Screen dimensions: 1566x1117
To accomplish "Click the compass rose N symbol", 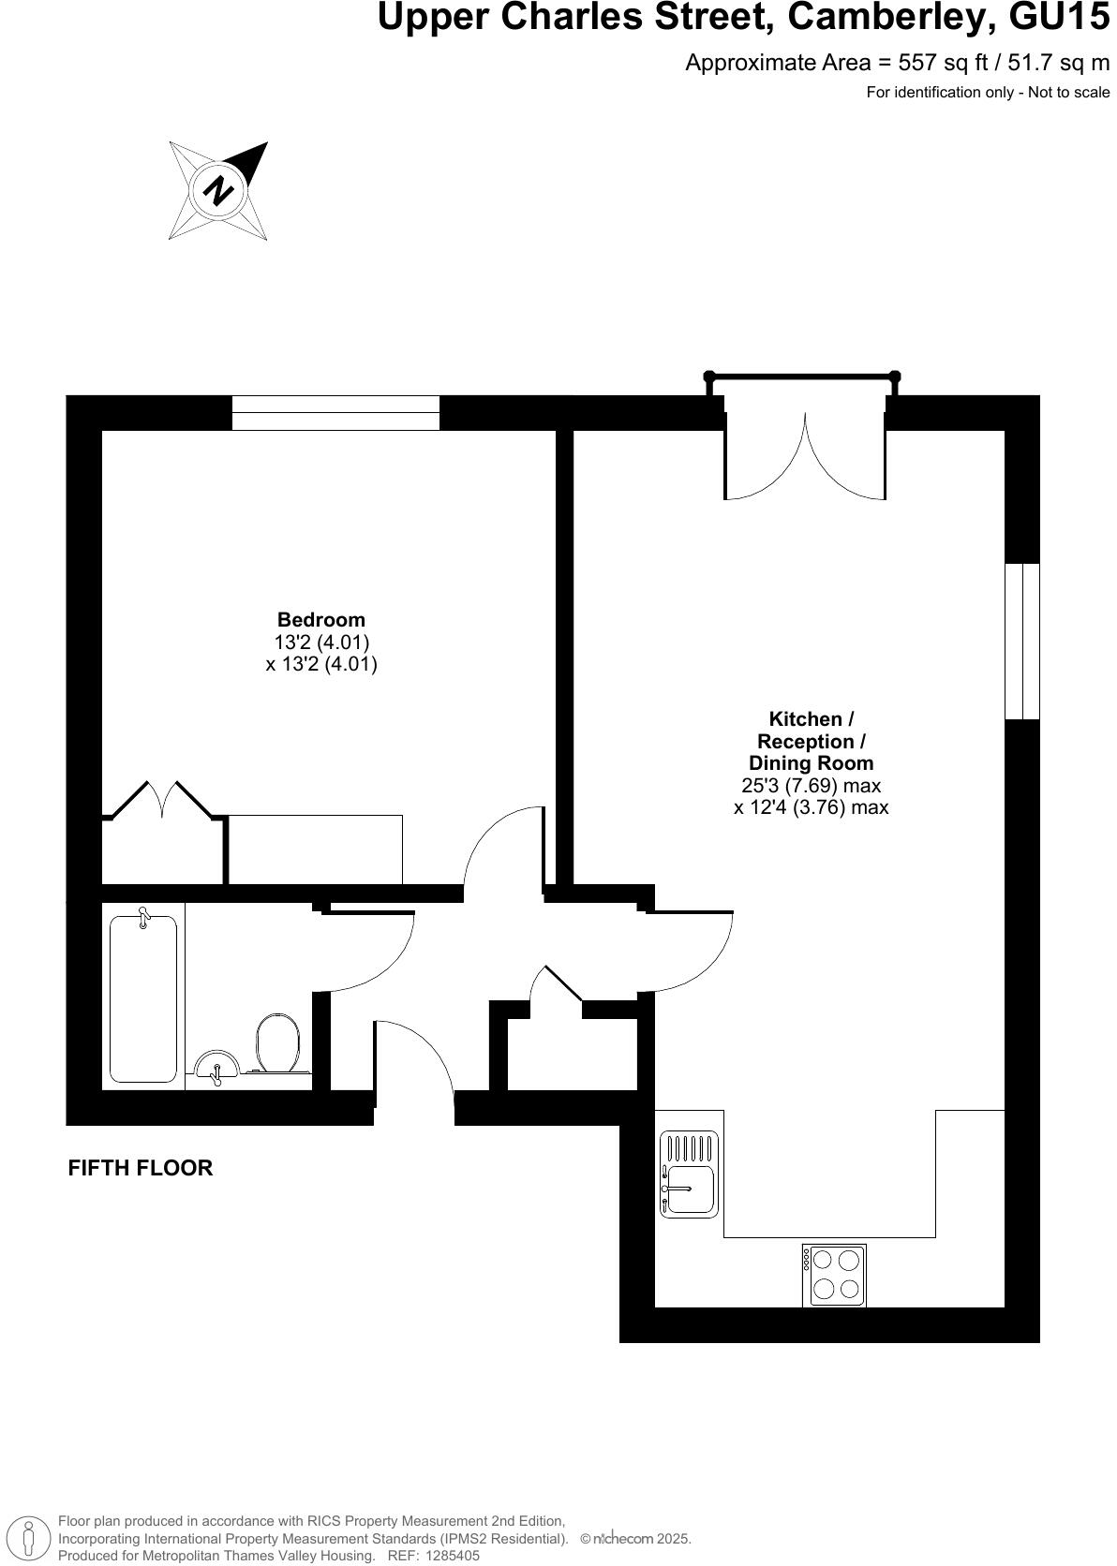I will click(x=218, y=191).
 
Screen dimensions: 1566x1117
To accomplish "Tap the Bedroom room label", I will click(x=321, y=619).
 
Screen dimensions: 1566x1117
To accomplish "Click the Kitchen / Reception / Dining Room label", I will click(x=811, y=741).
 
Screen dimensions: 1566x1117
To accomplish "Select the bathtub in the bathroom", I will click(x=143, y=998).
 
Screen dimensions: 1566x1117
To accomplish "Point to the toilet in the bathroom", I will click(x=276, y=1042).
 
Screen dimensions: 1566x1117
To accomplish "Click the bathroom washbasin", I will click(x=216, y=1065).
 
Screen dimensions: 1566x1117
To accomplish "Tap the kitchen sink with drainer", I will click(x=689, y=1174).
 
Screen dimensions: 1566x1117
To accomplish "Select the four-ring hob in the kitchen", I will click(x=834, y=1275).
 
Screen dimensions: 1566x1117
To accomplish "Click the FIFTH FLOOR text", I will click(x=141, y=1168).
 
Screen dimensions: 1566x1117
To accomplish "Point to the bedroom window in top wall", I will click(x=335, y=413).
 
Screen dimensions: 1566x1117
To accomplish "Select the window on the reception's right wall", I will click(x=1021, y=641).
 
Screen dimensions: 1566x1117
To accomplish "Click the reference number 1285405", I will click(x=454, y=1555).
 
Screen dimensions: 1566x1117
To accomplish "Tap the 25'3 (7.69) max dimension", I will click(x=811, y=786).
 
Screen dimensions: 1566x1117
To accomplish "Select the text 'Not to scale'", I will click(x=1068, y=92).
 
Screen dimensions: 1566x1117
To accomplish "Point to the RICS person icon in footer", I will click(x=29, y=1537).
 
